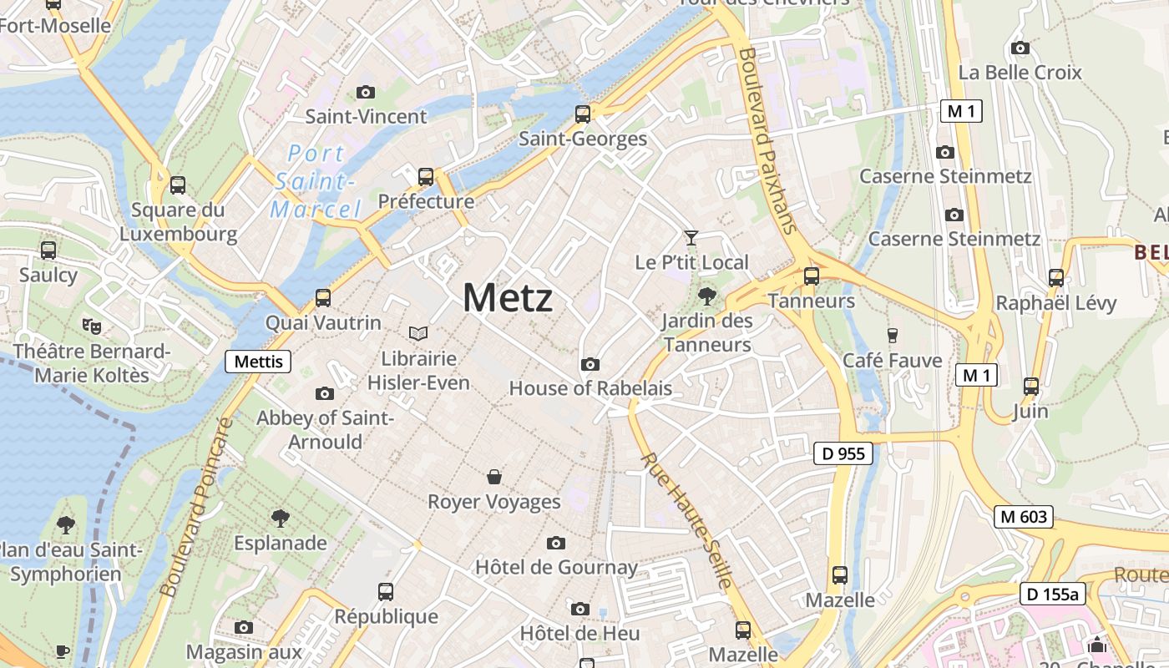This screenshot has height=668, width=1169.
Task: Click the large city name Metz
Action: (x=507, y=298)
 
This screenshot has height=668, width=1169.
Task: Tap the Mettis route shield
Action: (x=259, y=362)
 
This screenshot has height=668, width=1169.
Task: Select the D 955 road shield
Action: (x=843, y=453)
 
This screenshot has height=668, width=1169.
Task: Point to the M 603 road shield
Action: (x=1023, y=517)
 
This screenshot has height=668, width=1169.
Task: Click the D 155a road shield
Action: (x=1052, y=595)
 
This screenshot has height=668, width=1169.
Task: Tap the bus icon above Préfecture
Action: (x=426, y=177)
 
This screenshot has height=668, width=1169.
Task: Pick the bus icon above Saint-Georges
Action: (x=583, y=114)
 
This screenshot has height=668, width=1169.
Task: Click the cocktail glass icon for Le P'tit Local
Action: (x=691, y=238)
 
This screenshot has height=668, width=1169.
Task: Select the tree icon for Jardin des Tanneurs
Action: (x=706, y=296)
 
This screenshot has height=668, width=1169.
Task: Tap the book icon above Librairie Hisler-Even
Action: (x=418, y=334)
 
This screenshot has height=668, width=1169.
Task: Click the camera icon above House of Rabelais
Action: (x=590, y=364)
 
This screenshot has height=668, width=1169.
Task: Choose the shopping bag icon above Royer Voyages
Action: (x=494, y=477)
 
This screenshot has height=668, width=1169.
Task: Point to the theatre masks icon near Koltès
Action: (x=91, y=326)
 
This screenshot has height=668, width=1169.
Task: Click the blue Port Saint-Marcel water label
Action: (x=316, y=181)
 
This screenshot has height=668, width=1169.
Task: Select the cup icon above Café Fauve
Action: (x=892, y=336)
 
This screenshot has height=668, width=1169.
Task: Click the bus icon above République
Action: (x=386, y=592)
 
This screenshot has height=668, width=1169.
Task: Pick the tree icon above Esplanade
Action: (x=281, y=519)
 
